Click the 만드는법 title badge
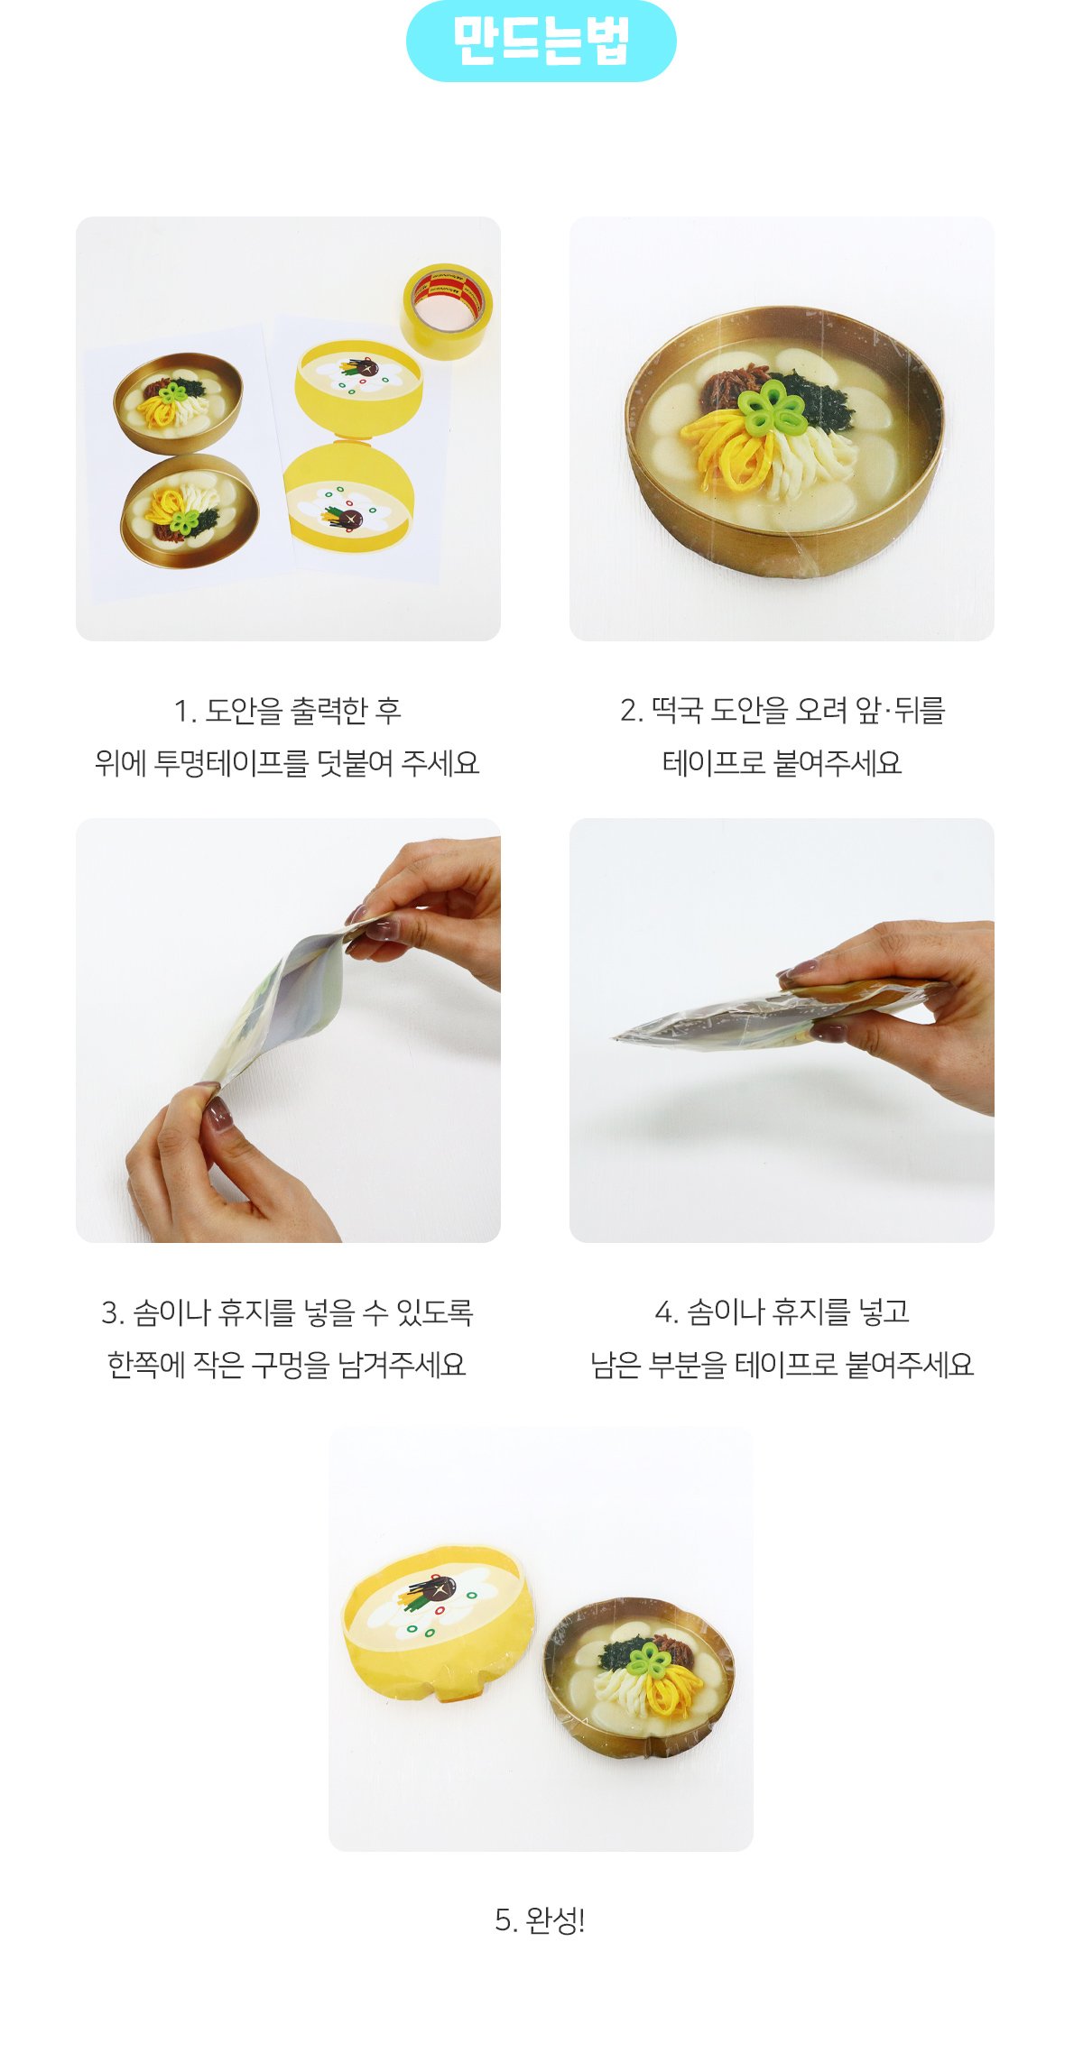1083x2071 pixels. [x=541, y=41]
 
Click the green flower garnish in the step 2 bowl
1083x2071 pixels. [x=773, y=407]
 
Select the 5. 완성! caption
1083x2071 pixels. [x=540, y=1920]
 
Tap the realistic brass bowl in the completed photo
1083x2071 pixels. [x=638, y=1679]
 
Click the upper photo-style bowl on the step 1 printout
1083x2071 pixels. [x=178, y=401]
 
